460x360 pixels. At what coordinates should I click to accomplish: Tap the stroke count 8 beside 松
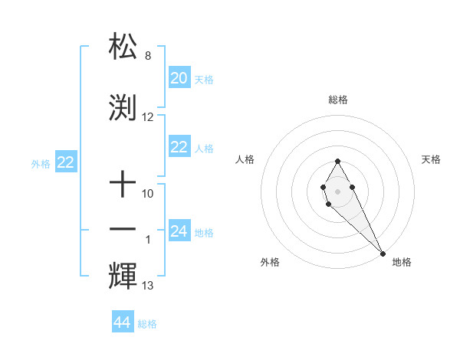(x=148, y=56)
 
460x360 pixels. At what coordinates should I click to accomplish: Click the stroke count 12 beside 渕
(x=148, y=117)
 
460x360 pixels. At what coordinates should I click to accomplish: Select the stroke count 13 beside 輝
(x=148, y=286)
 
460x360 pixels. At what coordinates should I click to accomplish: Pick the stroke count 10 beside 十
(x=148, y=194)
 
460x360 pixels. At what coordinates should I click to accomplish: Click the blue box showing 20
(x=179, y=78)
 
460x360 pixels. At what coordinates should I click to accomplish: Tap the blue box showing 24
(x=179, y=231)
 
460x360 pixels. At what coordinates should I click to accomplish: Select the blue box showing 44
(x=122, y=322)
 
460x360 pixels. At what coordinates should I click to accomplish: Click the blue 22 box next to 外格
(x=66, y=162)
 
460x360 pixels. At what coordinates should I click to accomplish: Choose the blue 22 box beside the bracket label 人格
(x=179, y=147)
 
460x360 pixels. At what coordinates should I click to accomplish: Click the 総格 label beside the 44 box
(x=147, y=324)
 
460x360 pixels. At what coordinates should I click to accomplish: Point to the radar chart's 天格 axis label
(x=432, y=159)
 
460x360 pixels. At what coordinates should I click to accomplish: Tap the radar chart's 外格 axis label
(x=270, y=262)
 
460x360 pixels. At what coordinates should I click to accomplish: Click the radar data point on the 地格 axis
(x=383, y=253)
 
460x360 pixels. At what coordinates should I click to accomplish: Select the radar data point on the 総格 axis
(x=337, y=161)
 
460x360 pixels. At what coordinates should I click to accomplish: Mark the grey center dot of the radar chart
(x=337, y=191)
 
